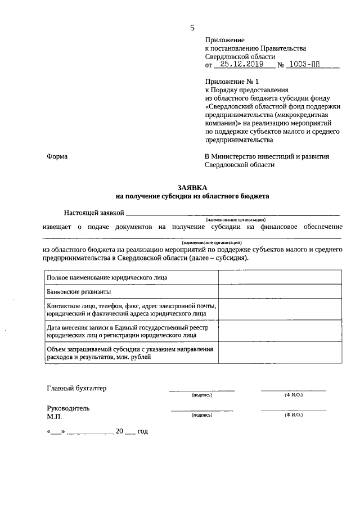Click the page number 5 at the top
[x=192, y=27]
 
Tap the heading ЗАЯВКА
[x=192, y=187]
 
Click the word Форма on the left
[x=57, y=156]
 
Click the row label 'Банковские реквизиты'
[x=79, y=291]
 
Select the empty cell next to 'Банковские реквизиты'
[x=280, y=291]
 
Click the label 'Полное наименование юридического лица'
[x=107, y=277]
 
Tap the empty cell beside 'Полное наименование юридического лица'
[x=280, y=277]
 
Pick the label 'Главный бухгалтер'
[x=76, y=388]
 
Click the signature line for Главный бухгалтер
[x=202, y=389]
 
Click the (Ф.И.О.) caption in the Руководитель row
[x=294, y=415]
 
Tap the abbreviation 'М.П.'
[x=55, y=417]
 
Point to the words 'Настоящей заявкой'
[x=93, y=212]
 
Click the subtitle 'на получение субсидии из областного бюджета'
[x=192, y=197]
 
